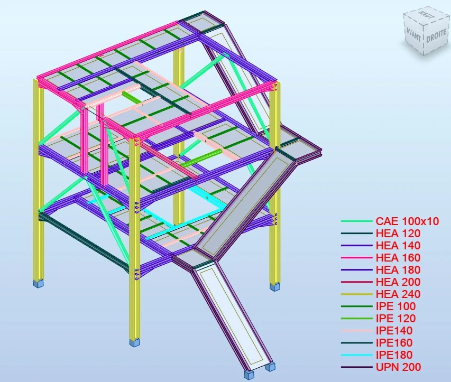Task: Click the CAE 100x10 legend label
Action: coord(407,221)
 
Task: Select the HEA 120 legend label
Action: coord(398,234)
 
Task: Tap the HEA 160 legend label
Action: coord(398,258)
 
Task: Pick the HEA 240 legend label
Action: coord(398,294)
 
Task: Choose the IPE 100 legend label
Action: coord(396,306)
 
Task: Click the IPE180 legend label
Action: coord(394,355)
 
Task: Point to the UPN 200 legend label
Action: coord(398,367)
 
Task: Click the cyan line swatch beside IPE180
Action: coord(357,355)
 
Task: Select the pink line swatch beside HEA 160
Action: coord(357,258)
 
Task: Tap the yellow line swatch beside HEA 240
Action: coord(357,294)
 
